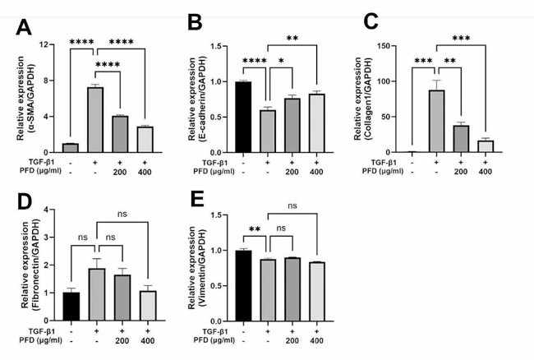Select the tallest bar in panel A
tap(95, 119)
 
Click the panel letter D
tap(25, 201)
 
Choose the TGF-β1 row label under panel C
tap(398, 163)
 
